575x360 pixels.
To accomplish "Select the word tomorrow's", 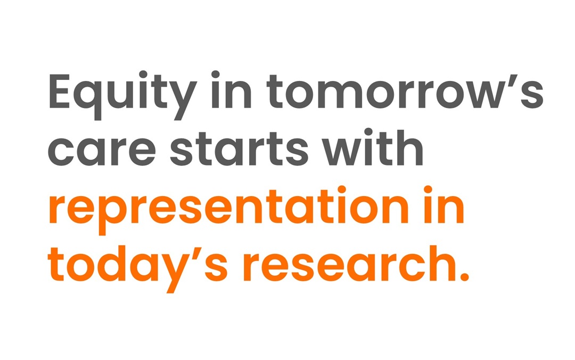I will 405,91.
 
